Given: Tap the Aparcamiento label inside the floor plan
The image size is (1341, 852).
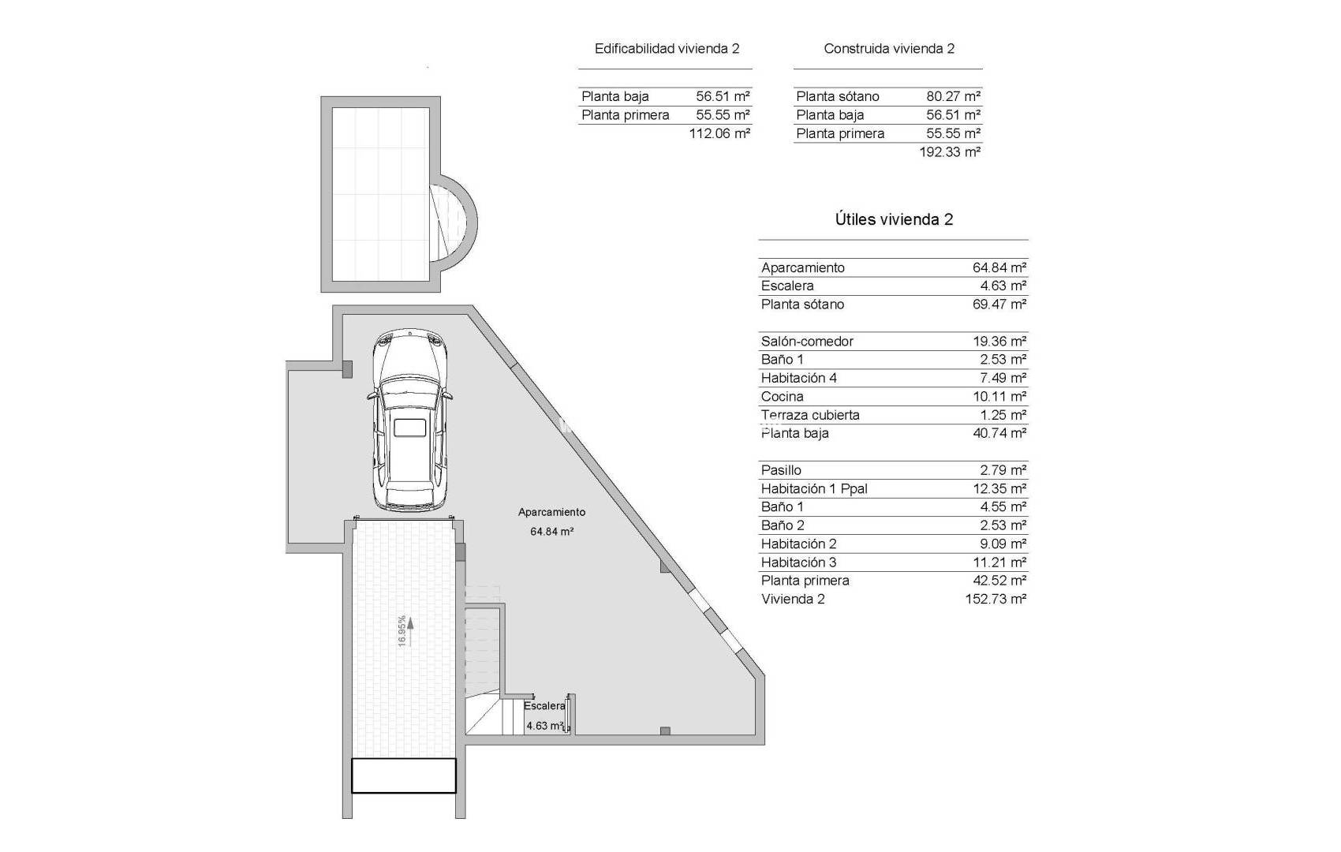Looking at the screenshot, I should point(551,512).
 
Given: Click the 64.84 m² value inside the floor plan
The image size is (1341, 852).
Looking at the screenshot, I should point(551,532).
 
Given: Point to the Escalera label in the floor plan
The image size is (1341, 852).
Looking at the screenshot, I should point(544,706).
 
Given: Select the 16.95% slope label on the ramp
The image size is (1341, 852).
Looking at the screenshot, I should point(402,631).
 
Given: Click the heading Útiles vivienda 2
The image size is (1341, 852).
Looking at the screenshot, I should point(894,219).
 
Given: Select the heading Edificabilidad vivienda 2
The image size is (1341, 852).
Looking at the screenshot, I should point(667,48).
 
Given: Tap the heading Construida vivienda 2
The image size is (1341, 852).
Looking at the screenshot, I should point(889,48).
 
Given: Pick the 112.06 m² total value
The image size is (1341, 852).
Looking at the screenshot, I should point(719,133).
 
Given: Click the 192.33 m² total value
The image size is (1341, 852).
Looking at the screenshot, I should point(950,151).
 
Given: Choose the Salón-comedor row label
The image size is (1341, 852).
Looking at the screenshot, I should point(807,341).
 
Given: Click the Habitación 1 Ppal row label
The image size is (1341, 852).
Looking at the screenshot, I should point(814,488).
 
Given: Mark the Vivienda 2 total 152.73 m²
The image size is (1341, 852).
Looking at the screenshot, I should point(995,599).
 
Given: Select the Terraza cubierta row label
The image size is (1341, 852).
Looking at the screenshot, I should point(810,415).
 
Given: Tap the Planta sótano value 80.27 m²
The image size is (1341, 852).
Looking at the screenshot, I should point(953,96).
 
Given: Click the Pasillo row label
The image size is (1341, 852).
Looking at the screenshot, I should point(781,470).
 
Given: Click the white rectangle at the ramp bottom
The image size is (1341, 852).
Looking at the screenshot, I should point(403,775).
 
